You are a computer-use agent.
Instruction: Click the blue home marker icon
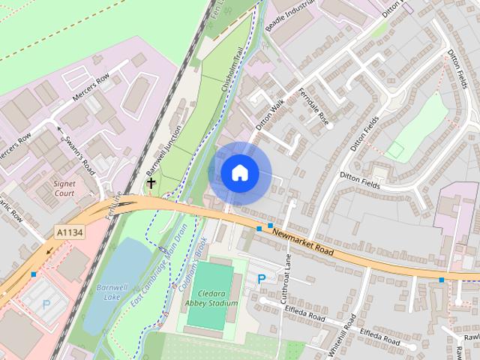tap(239, 172)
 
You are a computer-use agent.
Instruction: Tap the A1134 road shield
tap(68, 233)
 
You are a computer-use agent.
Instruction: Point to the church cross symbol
tap(151, 182)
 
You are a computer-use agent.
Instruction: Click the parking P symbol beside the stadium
tap(261, 279)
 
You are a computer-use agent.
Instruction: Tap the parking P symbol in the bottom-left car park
tap(46, 304)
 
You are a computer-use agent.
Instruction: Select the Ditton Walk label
tap(270, 117)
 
